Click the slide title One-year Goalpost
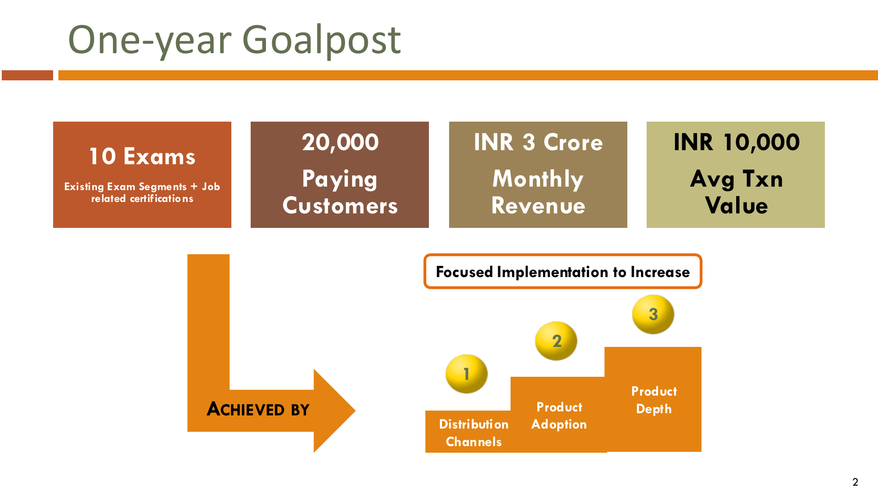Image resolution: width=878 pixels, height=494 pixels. click(234, 40)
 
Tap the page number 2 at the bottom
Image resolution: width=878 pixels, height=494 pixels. click(855, 482)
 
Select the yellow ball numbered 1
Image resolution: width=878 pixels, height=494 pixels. click(466, 374)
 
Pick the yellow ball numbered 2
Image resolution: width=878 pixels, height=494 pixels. click(556, 341)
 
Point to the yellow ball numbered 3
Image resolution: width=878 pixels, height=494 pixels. click(653, 314)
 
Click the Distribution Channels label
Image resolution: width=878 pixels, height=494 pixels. click(474, 433)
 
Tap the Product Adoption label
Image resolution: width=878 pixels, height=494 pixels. click(559, 415)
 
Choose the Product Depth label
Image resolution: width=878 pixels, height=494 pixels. click(654, 400)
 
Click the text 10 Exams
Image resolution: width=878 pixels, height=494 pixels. click(142, 156)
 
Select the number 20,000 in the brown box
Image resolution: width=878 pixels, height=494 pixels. click(340, 142)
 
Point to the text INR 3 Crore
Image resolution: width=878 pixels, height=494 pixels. click(538, 142)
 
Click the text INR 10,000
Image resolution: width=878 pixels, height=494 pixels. click(737, 142)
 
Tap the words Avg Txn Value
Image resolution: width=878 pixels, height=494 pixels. click(737, 192)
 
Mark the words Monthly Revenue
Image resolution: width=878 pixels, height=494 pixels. click(538, 192)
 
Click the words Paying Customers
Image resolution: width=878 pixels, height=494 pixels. click(340, 192)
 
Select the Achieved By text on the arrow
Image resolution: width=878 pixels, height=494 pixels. click(258, 409)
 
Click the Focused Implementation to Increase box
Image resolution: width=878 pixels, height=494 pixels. click(563, 271)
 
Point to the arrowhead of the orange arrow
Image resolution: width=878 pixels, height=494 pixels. click(355, 411)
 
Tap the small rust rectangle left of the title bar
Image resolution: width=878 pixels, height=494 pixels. click(27, 75)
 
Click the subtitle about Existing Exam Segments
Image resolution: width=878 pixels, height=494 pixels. click(142, 192)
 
